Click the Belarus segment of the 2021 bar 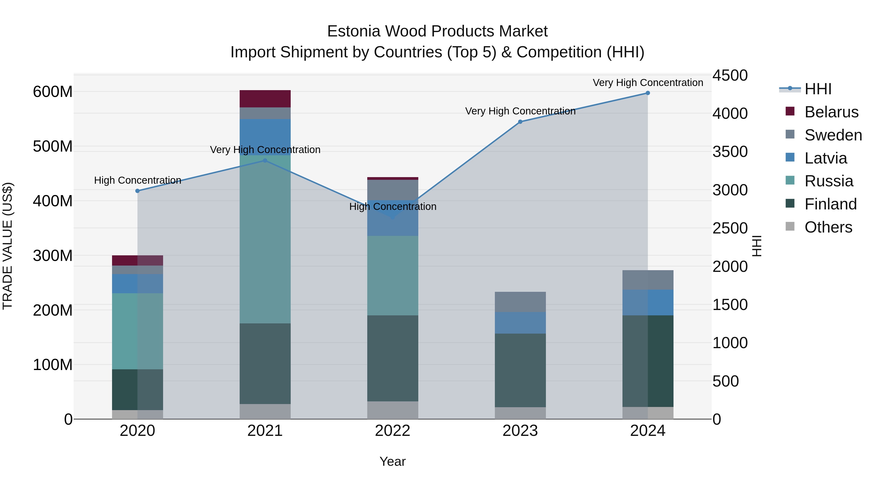265,99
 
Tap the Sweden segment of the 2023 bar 520,302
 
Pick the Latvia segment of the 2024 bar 648,302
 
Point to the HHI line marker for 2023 520,121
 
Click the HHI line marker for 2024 648,93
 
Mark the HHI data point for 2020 138,191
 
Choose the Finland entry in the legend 830,204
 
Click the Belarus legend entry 831,112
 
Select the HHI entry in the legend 818,89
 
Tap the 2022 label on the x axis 393,431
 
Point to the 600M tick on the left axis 53,92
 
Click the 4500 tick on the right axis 730,75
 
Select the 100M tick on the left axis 53,365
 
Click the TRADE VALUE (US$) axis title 8,246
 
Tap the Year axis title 393,461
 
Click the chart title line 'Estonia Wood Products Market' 437,31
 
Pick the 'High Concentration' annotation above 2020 138,180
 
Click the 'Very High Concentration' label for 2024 648,83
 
